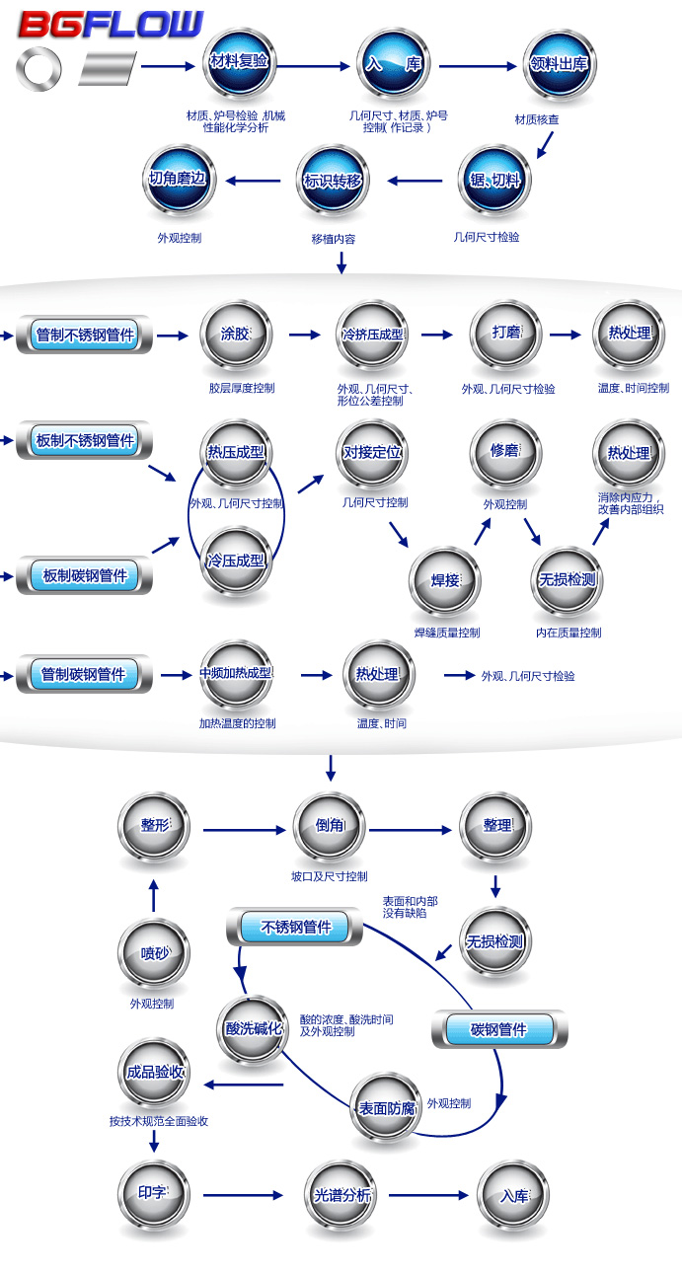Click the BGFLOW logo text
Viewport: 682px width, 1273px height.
[110, 25]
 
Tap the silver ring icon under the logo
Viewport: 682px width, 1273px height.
[38, 70]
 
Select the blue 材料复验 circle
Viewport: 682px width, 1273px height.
[239, 63]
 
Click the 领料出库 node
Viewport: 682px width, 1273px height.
[559, 65]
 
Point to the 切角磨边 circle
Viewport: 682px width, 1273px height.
[178, 181]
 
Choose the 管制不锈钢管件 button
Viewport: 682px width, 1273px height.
[84, 336]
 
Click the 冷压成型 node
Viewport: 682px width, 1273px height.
[235, 562]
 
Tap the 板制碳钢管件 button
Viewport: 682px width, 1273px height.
[85, 575]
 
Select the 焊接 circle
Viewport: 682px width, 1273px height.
[445, 581]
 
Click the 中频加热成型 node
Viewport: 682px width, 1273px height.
[235, 675]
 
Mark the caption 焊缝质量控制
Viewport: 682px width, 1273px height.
[447, 633]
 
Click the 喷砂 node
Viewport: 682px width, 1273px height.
[153, 954]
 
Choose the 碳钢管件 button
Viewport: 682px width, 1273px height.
[498, 1029]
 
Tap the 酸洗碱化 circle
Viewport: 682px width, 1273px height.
[254, 1029]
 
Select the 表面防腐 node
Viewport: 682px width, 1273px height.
[386, 1109]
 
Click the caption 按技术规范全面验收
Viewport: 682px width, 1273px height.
[159, 1121]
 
